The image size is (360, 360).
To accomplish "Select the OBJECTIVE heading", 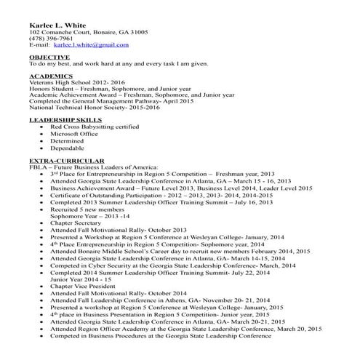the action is pos(49,56).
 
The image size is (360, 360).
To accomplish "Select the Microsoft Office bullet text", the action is pos(75,133).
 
